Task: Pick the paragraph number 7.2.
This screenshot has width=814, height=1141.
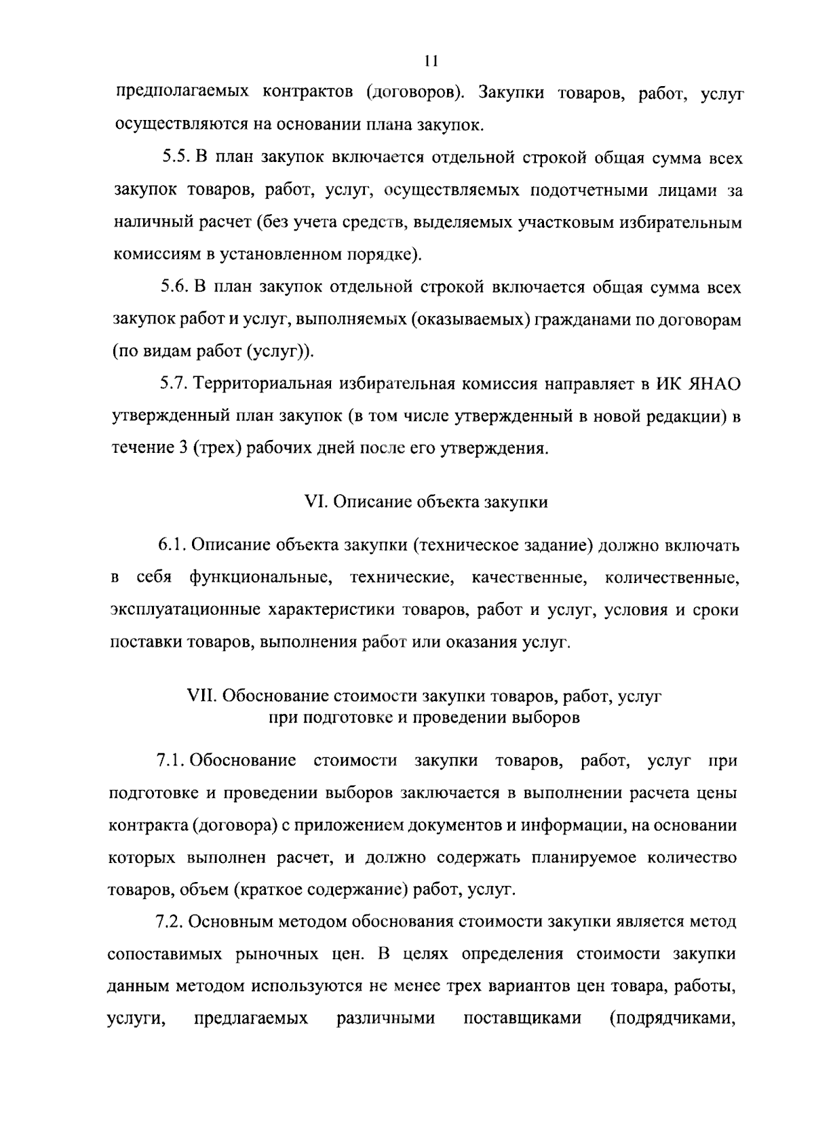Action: [170, 922]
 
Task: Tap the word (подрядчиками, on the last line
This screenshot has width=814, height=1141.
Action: [673, 1019]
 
